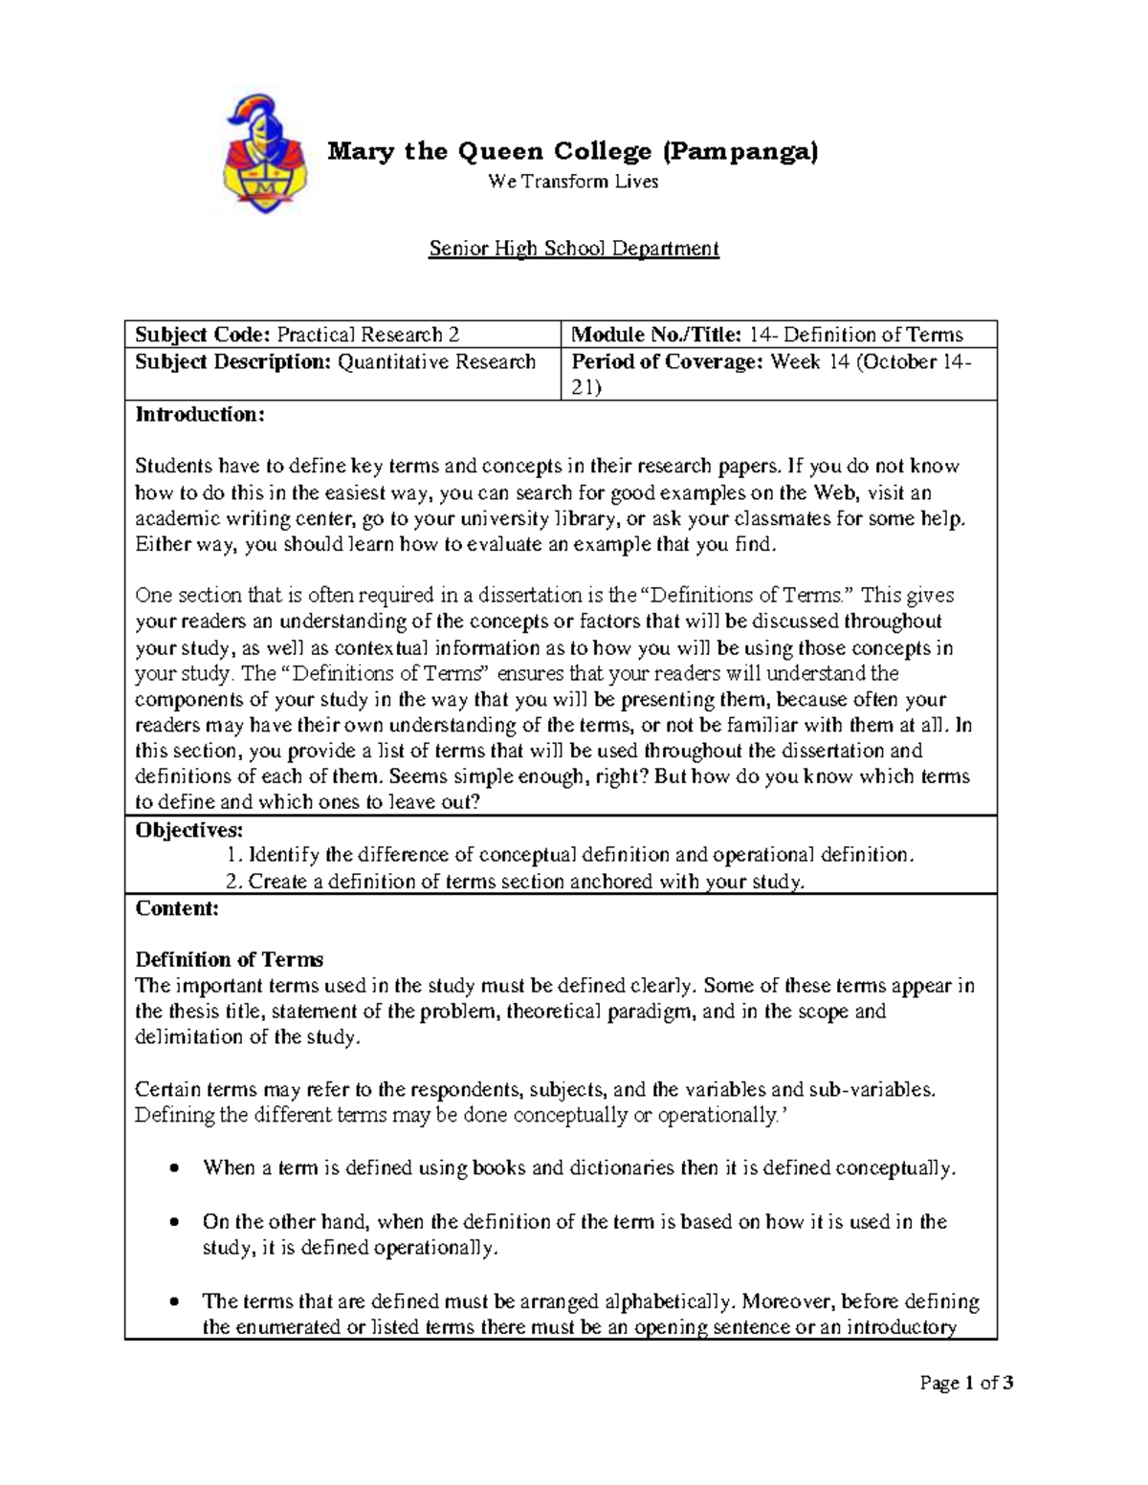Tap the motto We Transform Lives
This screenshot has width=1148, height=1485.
coord(573,182)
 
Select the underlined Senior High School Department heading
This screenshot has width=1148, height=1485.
coord(573,250)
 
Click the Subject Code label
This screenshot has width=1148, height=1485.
coord(203,335)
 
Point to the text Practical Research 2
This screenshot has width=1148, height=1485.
coord(368,335)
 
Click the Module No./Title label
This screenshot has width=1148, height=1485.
coord(656,335)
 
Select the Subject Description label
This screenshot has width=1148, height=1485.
coord(233,361)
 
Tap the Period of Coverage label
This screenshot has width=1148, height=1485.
coord(668,361)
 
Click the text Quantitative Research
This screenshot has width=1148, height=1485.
coord(436,361)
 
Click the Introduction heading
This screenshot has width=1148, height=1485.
coord(199,415)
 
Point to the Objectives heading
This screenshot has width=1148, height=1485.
coord(189,829)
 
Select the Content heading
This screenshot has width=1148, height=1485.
coord(177,908)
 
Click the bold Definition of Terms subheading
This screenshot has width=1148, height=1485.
coord(229,960)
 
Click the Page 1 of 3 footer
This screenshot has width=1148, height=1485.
coord(966,1383)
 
